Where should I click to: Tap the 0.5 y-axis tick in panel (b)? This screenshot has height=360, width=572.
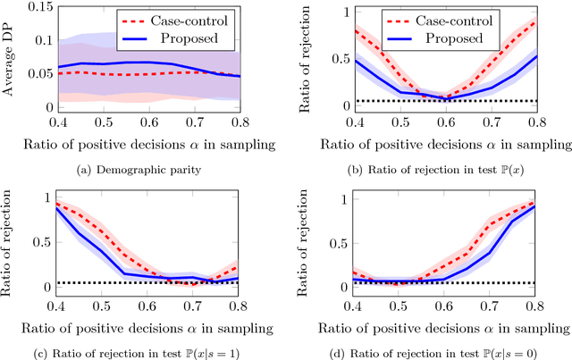tap(342, 59)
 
